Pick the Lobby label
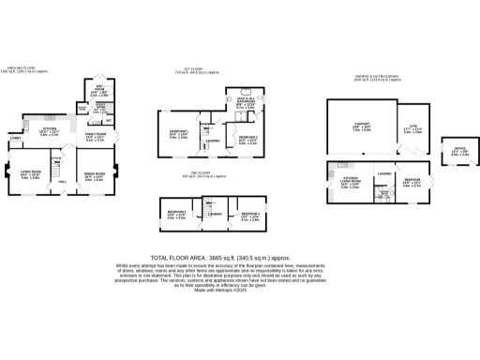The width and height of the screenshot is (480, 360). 14,139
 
